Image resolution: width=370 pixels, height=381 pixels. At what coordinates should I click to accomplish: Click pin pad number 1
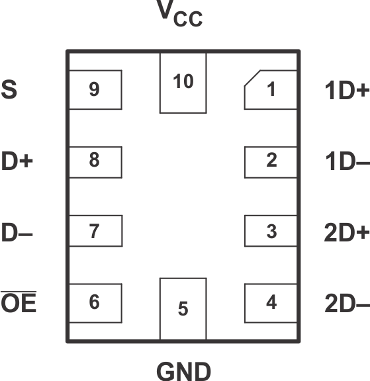(271, 89)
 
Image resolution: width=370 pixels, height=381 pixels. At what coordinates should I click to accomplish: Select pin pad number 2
(271, 161)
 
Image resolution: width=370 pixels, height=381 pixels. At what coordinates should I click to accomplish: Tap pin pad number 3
(271, 232)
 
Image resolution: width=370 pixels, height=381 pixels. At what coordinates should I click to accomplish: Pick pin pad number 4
(271, 303)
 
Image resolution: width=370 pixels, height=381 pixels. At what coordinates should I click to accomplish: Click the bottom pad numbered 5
(183, 308)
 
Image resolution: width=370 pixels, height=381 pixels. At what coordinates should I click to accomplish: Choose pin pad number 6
(95, 302)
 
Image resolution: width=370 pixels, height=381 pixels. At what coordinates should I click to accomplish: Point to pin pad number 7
(95, 232)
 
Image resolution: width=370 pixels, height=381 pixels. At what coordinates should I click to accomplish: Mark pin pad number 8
(95, 161)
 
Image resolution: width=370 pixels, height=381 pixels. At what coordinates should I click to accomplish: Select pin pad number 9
(95, 89)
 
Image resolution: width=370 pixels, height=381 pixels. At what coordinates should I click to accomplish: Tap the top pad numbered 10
(183, 83)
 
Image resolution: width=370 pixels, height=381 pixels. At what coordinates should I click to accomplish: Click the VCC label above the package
(179, 15)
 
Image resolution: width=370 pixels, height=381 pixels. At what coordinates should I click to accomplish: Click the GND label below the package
(183, 369)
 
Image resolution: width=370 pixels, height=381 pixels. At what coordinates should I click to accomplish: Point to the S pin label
(9, 89)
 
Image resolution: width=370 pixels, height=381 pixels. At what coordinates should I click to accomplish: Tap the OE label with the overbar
(19, 304)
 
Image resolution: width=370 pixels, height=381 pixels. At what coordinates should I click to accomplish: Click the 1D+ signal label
(346, 90)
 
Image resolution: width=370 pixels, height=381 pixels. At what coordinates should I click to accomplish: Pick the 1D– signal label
(346, 161)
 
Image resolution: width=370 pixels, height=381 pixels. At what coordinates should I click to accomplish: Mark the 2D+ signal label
(346, 232)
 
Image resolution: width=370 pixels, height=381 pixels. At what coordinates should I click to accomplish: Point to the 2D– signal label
(346, 304)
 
